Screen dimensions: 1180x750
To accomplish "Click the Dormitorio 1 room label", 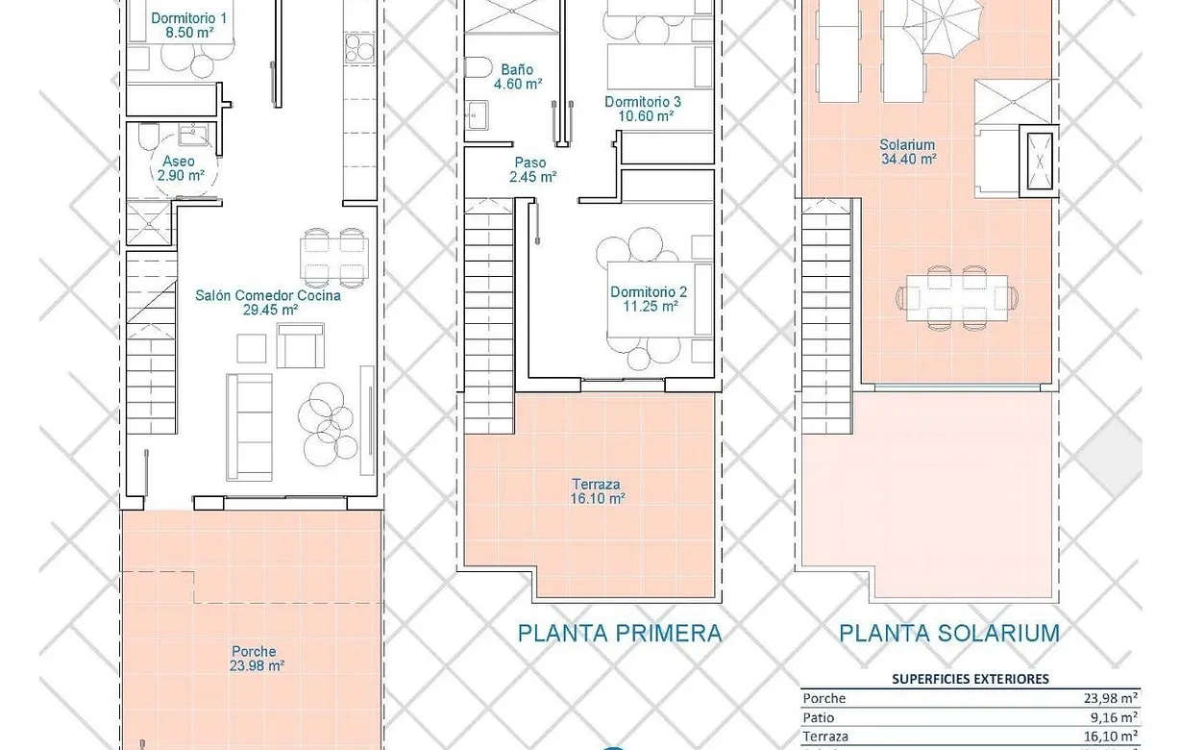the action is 188,25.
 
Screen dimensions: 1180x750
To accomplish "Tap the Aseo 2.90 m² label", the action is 180,168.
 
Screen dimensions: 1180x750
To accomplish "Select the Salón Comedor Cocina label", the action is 268,303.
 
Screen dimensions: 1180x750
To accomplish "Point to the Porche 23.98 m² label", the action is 256,659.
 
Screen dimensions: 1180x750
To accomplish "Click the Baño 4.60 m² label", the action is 518,77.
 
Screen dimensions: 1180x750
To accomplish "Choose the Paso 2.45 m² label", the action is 532,170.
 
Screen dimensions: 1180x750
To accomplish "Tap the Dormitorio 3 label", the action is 643,109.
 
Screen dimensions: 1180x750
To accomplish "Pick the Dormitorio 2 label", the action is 649,299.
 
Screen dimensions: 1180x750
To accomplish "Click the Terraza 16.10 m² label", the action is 597,491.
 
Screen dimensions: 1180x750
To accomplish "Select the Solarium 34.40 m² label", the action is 908,152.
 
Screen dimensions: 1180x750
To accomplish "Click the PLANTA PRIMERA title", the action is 620,633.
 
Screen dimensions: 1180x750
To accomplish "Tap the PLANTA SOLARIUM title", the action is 949,633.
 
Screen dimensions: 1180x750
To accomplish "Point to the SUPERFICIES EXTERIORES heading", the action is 971,679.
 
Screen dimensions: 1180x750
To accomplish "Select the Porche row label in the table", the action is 824,698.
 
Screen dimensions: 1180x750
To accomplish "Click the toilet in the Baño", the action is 478,67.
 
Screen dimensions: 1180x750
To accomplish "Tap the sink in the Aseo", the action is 193,135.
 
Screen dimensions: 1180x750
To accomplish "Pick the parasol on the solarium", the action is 943,24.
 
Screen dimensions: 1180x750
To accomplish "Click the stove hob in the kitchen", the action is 359,48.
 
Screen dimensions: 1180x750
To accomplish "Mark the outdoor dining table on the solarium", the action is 957,298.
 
